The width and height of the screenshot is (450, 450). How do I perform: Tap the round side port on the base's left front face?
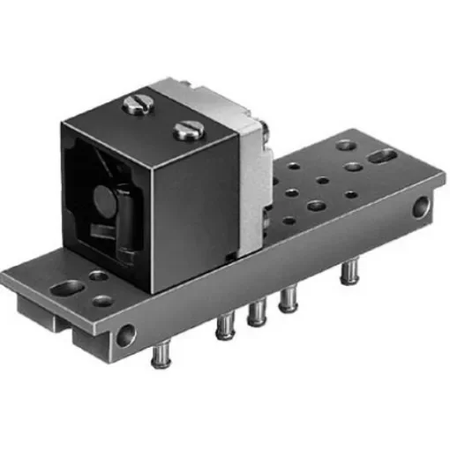coord(127,334)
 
